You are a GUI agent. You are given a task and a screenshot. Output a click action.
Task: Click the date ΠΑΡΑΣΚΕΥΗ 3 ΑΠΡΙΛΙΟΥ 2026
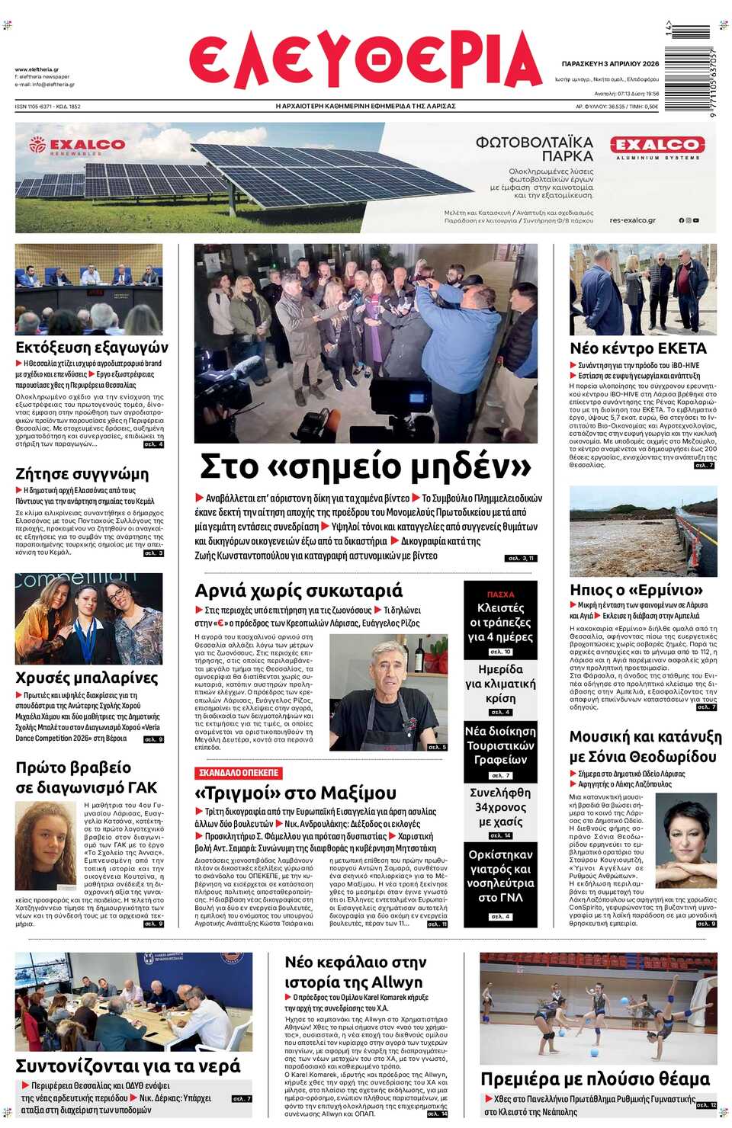(610, 64)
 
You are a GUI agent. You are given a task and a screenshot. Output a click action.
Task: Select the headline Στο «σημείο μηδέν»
(365, 466)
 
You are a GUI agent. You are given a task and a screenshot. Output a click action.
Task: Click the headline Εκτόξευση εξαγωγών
(91, 348)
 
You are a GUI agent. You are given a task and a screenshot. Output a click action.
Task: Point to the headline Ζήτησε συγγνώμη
(82, 473)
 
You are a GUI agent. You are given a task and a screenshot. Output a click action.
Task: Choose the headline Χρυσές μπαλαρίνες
(87, 678)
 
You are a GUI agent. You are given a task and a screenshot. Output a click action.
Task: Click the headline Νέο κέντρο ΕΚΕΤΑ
(638, 348)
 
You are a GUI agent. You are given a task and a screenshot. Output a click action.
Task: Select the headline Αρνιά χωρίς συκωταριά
(298, 591)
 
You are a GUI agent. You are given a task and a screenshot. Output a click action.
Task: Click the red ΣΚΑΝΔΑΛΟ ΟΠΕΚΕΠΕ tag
(239, 773)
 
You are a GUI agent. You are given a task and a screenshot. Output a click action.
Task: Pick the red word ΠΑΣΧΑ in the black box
(500, 594)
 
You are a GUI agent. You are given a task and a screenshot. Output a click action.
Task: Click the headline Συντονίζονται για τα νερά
(128, 1066)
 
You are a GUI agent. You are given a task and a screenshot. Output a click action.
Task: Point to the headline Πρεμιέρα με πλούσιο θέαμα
(595, 1078)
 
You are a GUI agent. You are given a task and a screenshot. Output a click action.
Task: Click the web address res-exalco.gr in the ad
(632, 220)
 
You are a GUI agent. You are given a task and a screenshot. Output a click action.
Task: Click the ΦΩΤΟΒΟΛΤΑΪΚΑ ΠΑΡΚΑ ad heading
(534, 149)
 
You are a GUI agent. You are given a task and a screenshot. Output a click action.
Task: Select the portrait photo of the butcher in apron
(389, 693)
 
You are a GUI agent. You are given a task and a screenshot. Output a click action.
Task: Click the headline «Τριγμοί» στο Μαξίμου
(295, 793)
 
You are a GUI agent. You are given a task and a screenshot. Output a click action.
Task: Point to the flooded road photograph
(643, 530)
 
